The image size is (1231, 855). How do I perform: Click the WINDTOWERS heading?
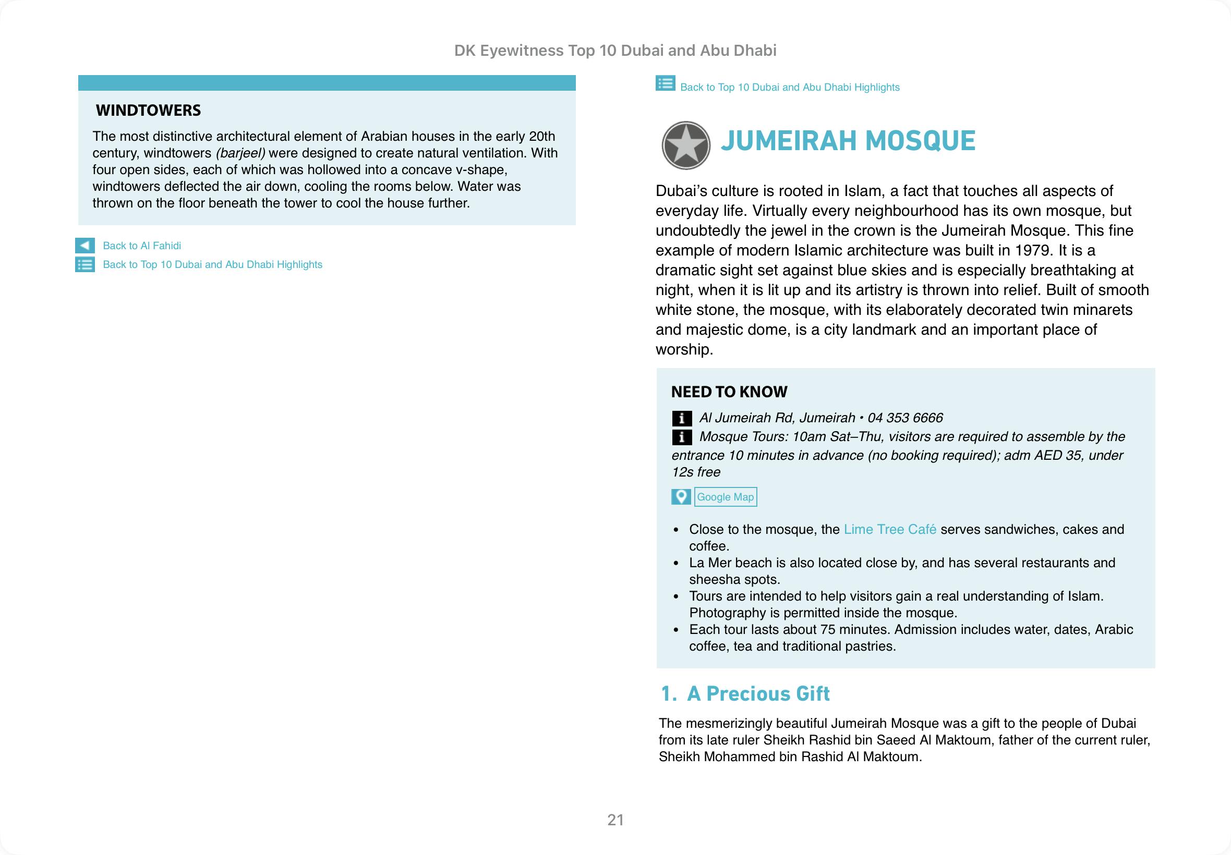[x=148, y=111]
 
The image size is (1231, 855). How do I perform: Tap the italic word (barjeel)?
[x=240, y=153]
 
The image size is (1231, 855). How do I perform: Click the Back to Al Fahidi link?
[x=141, y=246]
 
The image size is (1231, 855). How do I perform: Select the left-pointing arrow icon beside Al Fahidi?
[x=85, y=246]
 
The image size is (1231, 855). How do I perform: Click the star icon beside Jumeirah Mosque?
[x=685, y=145]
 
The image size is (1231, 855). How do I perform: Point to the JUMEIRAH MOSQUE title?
[x=847, y=141]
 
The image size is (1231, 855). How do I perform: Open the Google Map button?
[x=725, y=497]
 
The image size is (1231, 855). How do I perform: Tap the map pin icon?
[x=681, y=497]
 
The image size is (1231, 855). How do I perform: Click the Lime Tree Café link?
[x=890, y=529]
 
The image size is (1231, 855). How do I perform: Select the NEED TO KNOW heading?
[x=729, y=392]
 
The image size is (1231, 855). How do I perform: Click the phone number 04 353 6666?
[x=905, y=418]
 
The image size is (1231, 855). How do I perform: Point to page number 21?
[x=615, y=820]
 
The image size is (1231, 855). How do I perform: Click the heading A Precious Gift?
[x=758, y=694]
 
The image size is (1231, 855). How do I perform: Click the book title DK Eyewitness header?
[x=615, y=51]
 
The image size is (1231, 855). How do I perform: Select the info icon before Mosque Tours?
[x=681, y=437]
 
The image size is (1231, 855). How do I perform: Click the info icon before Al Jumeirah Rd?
[x=681, y=419]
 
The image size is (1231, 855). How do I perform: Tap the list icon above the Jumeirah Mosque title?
[x=665, y=84]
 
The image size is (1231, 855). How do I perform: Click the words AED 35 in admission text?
[x=1054, y=455]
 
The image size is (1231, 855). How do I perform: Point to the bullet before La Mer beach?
[x=677, y=564]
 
